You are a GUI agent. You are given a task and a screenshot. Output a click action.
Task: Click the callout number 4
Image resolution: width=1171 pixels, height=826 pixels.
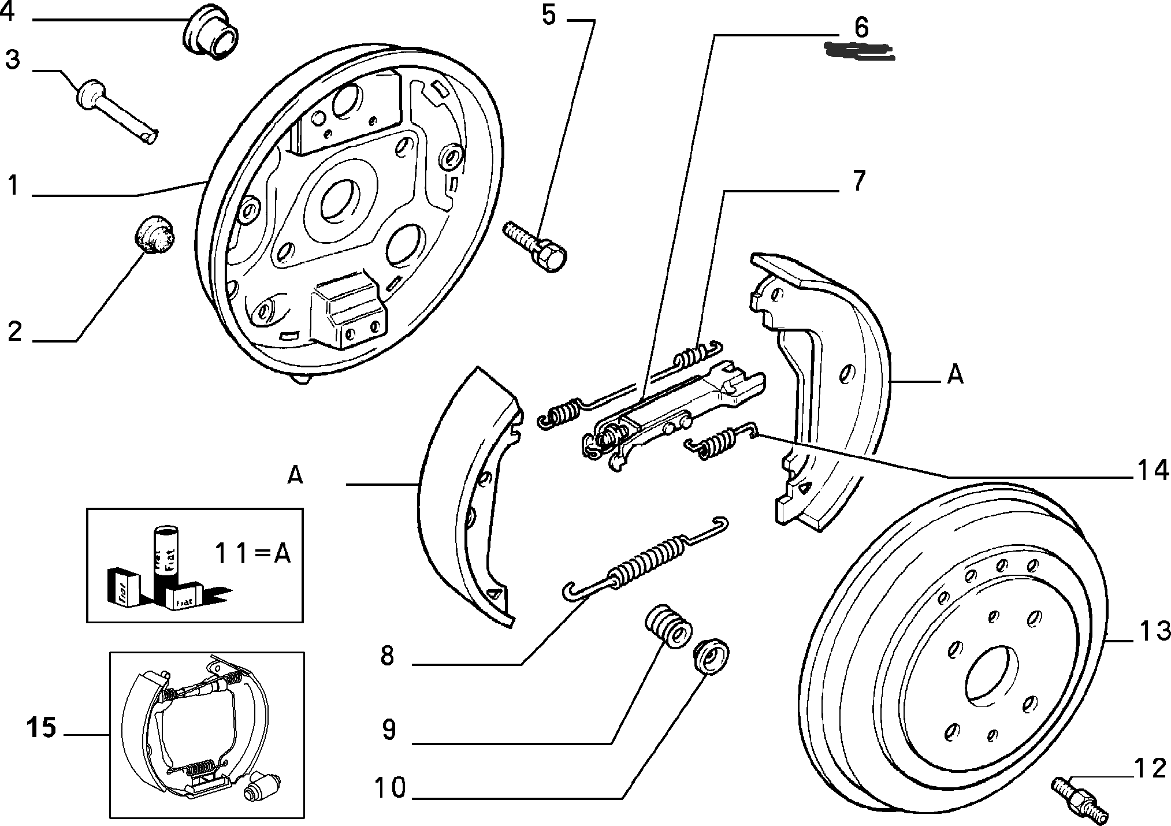8,13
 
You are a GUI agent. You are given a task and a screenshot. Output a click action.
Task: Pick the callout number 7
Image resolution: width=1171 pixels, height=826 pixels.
859,180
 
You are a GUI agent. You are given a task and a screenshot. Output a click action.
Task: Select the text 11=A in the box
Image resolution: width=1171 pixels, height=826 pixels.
252,554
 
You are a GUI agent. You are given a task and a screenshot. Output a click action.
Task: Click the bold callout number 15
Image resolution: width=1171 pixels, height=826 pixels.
42,727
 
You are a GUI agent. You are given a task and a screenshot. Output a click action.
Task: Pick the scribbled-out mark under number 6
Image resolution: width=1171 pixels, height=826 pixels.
859,52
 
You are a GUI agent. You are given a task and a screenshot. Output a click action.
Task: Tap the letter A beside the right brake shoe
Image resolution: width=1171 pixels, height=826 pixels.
956,375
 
